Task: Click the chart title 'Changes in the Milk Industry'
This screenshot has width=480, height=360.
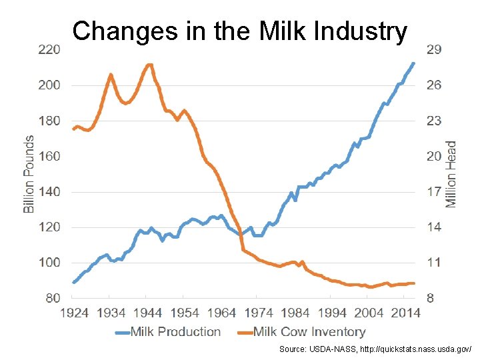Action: coord(239,31)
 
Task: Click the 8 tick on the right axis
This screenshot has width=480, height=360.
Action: coord(430,298)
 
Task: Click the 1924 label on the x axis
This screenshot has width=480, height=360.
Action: coord(74,313)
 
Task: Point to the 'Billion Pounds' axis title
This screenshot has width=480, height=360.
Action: coord(29,174)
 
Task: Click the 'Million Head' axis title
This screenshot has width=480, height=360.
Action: coord(451,173)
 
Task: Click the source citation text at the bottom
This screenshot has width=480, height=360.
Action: coord(375,349)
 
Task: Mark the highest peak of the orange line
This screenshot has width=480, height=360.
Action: coord(149,65)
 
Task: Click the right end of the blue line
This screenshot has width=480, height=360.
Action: coord(413,63)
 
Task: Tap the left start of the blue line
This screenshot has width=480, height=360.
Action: coord(73,282)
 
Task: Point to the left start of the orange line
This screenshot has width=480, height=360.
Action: coord(73,129)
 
